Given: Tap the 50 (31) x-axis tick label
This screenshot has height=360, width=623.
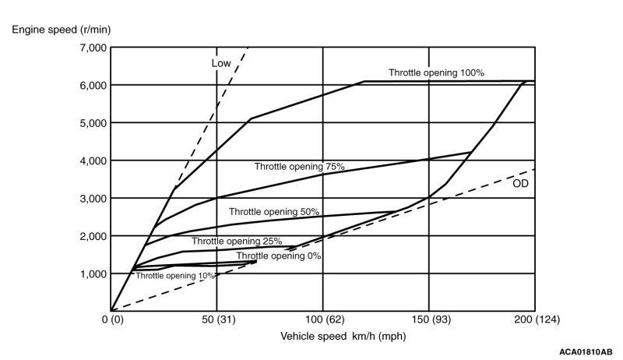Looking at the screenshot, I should [x=217, y=319].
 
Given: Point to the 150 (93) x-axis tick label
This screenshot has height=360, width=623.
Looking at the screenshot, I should [x=428, y=319].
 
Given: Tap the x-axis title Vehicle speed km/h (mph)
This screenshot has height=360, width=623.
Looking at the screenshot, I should [x=343, y=337].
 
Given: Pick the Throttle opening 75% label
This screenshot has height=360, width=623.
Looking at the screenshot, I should [x=299, y=167].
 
